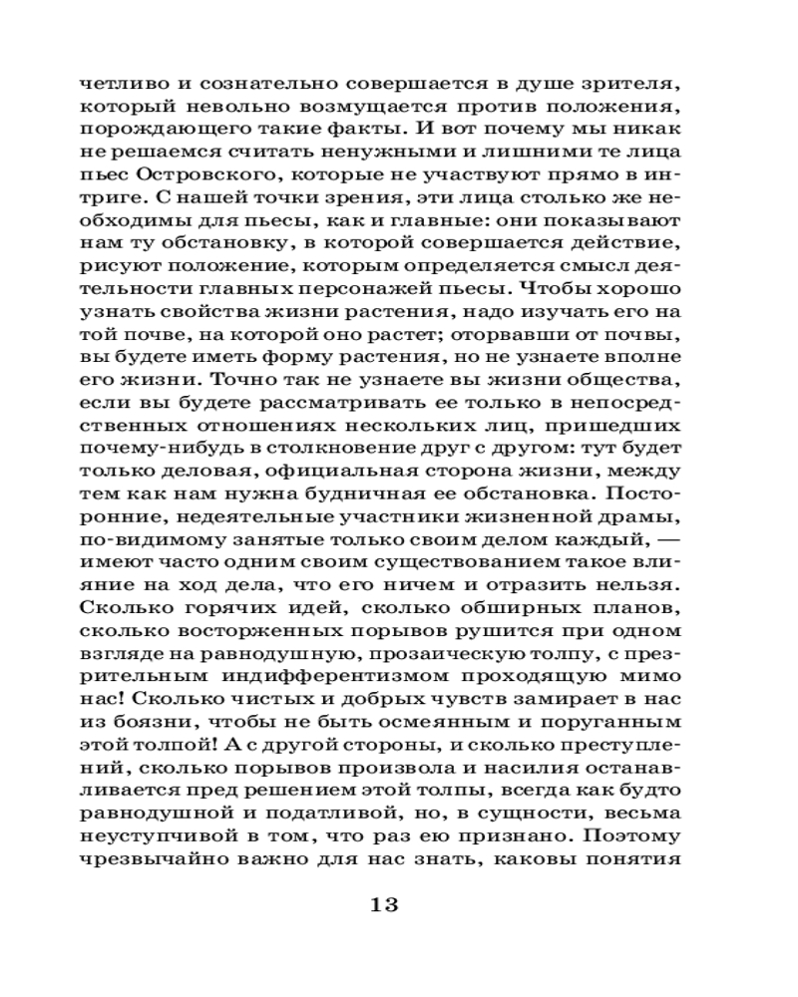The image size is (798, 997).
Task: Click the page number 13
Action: click(384, 904)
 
